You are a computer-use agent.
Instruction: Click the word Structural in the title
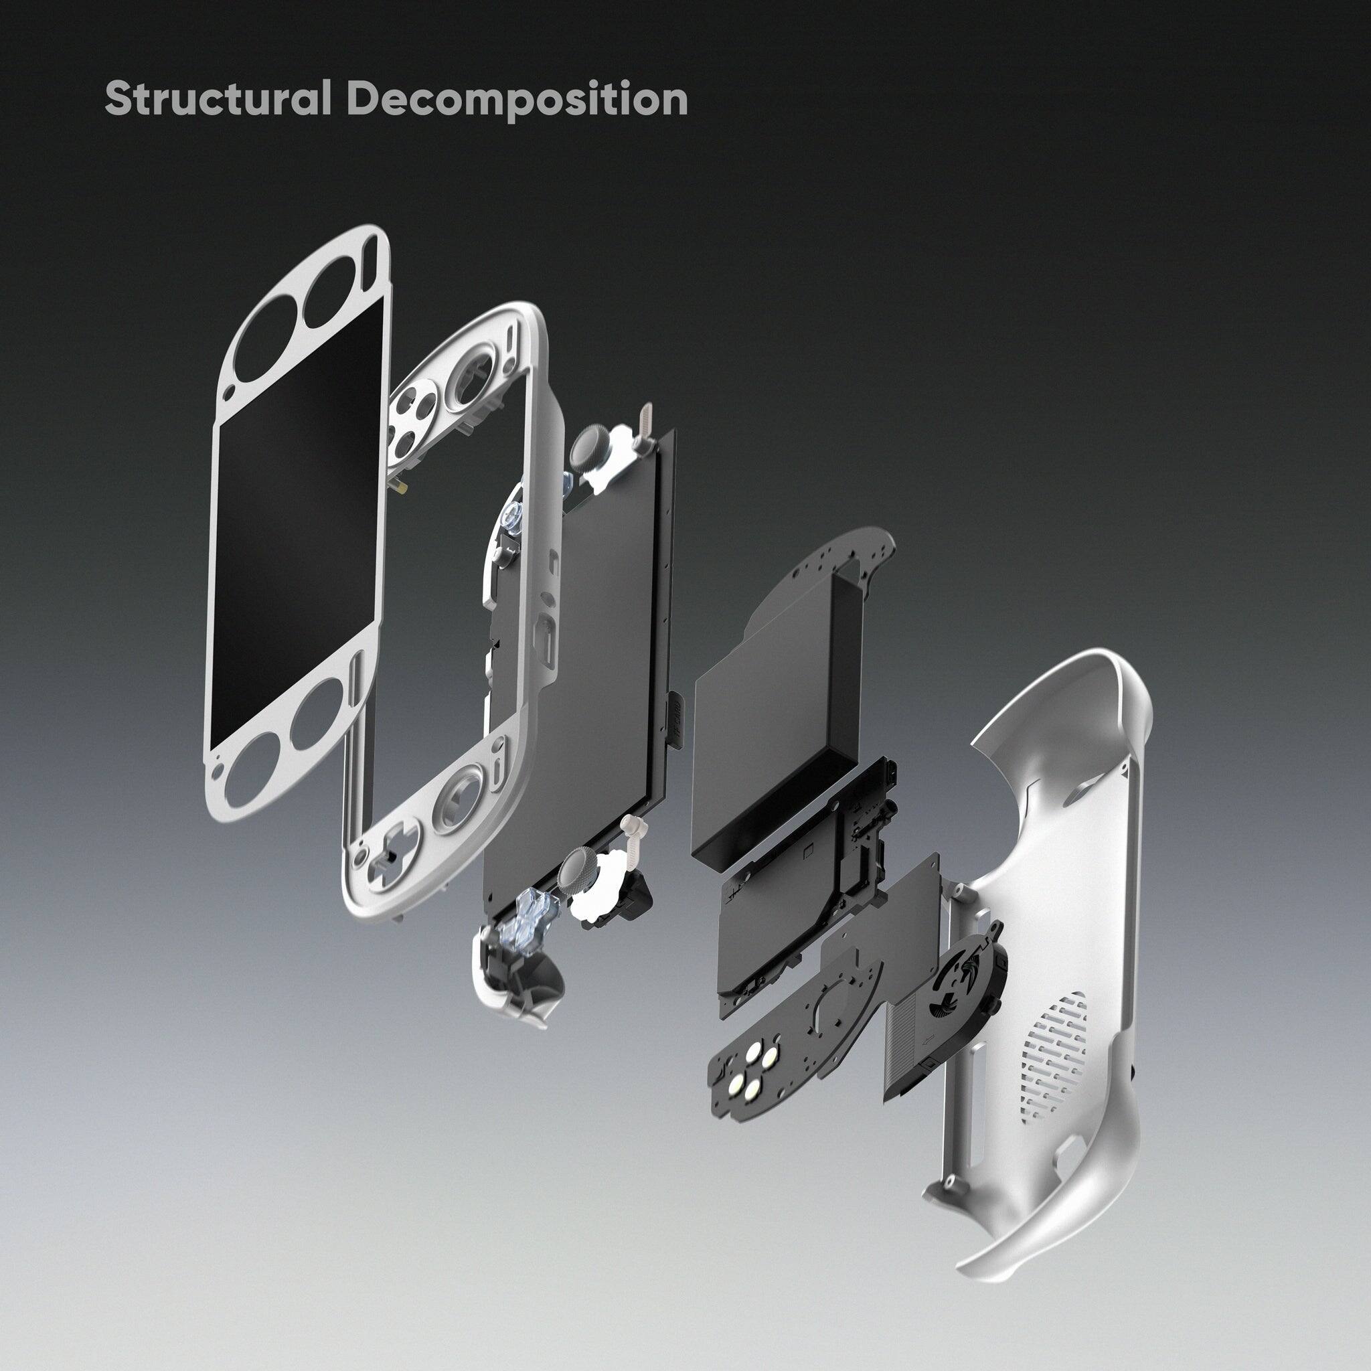coord(217,98)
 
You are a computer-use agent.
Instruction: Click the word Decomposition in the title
coord(517,98)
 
